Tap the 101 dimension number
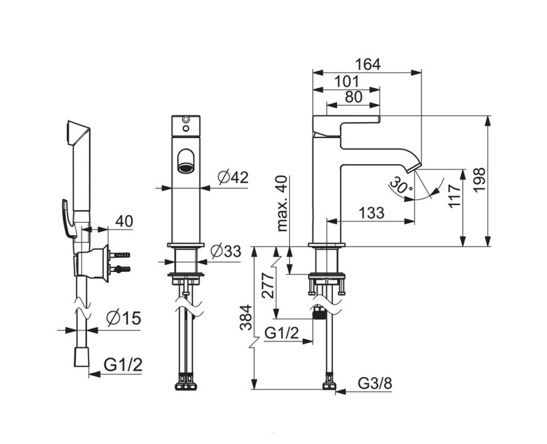347,81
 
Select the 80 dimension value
353,97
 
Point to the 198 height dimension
480,180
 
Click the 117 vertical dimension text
455,197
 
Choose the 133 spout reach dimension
371,212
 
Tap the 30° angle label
401,185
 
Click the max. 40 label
282,204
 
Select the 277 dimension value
269,286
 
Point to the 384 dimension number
246,318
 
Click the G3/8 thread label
375,384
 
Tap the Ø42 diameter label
232,178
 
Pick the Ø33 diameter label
226,251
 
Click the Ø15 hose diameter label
124,318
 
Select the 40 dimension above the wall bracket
124,221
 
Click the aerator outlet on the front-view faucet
186,161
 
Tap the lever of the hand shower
68,219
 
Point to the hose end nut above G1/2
83,357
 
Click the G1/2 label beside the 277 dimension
282,333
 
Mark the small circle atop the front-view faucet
186,120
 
